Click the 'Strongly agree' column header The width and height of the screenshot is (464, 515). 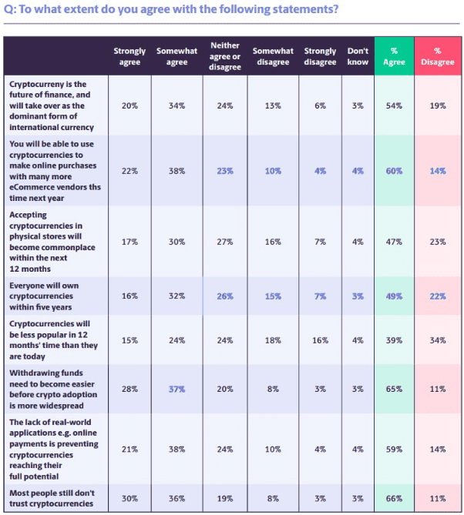pyautogui.click(x=129, y=56)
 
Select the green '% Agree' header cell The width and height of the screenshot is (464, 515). pyautogui.click(x=394, y=56)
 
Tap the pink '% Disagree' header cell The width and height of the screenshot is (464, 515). pyautogui.click(x=438, y=56)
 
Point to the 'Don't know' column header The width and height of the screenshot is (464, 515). pyautogui.click(x=358, y=56)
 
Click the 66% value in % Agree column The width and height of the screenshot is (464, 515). pyautogui.click(x=394, y=498)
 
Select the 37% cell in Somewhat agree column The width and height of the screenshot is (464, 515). pyautogui.click(x=177, y=390)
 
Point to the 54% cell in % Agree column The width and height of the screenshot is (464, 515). pyautogui.click(x=394, y=105)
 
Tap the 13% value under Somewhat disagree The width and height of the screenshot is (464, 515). pyautogui.click(x=273, y=105)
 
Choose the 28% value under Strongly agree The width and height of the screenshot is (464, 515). pyautogui.click(x=129, y=390)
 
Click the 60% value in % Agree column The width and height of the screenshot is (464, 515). pyautogui.click(x=394, y=171)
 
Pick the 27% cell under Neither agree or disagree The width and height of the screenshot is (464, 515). pyautogui.click(x=224, y=242)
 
